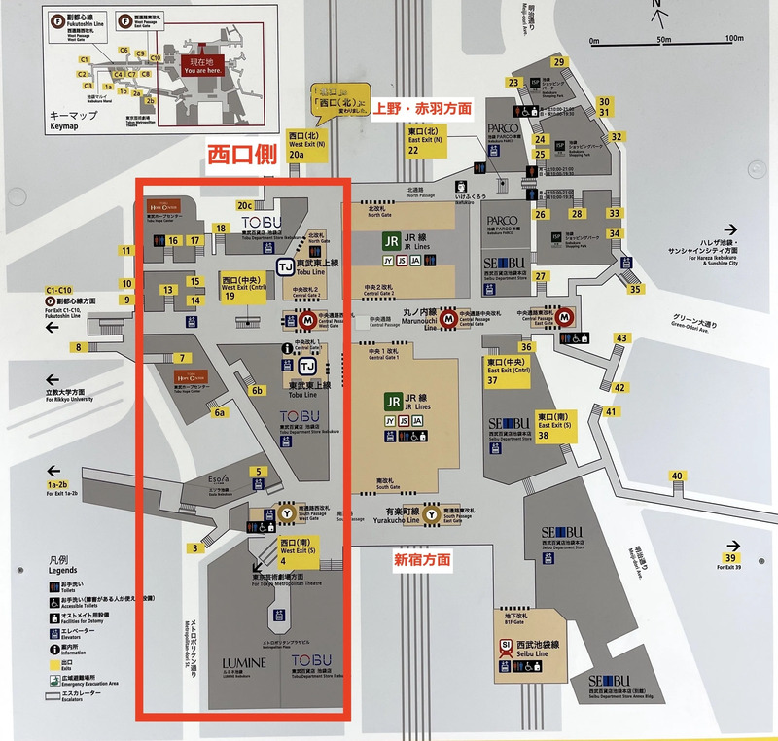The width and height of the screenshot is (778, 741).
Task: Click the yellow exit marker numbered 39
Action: [730, 557]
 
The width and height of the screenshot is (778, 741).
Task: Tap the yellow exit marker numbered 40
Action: [677, 476]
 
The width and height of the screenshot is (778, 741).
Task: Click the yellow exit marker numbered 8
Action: [78, 347]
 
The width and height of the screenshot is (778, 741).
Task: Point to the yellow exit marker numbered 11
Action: [126, 251]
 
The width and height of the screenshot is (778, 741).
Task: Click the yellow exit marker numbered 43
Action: [620, 338]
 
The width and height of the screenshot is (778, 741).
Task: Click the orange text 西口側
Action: [238, 155]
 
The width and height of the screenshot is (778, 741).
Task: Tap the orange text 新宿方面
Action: [422, 559]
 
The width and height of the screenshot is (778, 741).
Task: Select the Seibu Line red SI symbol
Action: [506, 645]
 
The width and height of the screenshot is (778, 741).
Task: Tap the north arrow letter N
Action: [657, 5]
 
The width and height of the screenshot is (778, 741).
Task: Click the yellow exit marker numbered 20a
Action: [297, 154]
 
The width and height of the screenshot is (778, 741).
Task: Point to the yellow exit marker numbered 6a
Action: [221, 412]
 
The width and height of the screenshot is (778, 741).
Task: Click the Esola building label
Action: [222, 479]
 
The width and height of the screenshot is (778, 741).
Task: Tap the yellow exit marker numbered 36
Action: [526, 346]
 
